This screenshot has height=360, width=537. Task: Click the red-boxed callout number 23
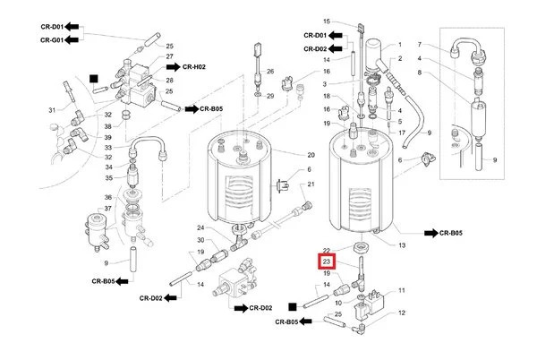327,261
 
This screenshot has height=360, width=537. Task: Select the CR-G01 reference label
51,39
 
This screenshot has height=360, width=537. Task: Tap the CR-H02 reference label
195,66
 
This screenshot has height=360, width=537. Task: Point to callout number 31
52,110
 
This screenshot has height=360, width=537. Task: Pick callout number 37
107,209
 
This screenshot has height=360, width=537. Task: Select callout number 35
107,178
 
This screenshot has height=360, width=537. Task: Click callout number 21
311,184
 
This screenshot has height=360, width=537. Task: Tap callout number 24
201,228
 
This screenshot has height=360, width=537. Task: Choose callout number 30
201,240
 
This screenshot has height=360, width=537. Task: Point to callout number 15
327,21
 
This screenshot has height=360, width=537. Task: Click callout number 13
402,244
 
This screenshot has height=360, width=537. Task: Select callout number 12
402,313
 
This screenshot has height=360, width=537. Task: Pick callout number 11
402,290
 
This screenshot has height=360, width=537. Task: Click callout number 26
268,71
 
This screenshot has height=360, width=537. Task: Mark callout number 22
327,251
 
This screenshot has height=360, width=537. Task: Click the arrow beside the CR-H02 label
170,66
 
